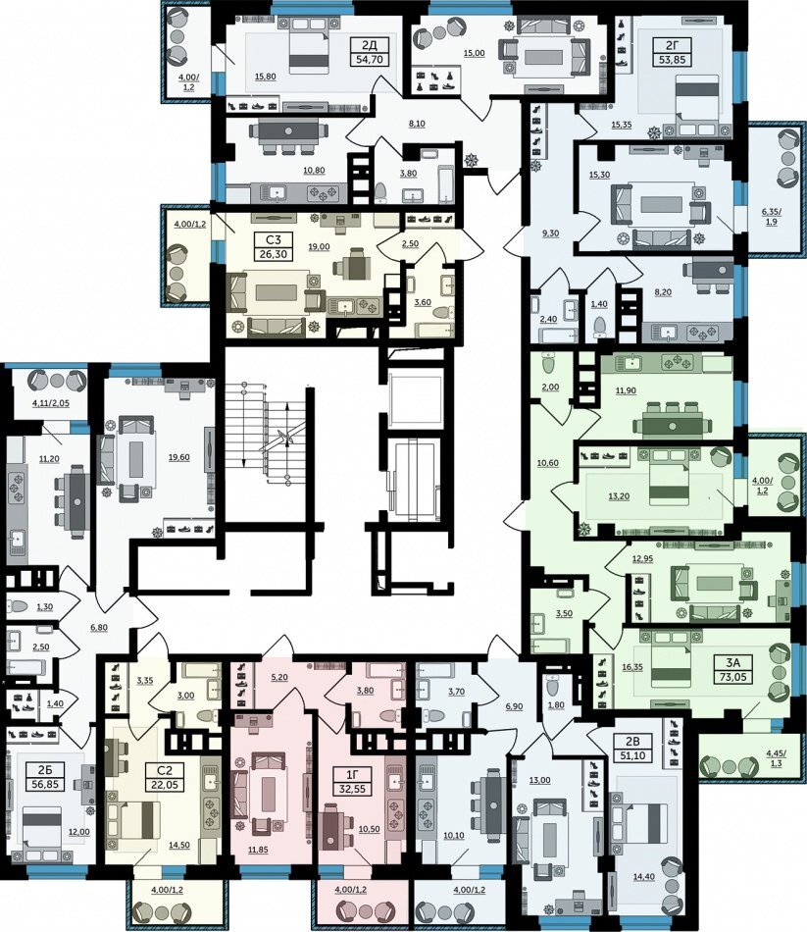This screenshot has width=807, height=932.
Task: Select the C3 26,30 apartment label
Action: pos(274,247)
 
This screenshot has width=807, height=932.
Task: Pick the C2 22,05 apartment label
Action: pos(164,777)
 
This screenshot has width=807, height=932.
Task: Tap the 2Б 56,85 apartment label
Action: pos(45,777)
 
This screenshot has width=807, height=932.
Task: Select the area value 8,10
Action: pos(417,124)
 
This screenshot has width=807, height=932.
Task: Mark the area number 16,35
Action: pos(632,667)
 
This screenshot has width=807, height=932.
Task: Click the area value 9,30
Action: pos(550,233)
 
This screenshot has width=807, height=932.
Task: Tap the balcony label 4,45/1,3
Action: pos(775,757)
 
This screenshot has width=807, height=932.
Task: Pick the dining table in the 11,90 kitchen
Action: pos(672,426)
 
